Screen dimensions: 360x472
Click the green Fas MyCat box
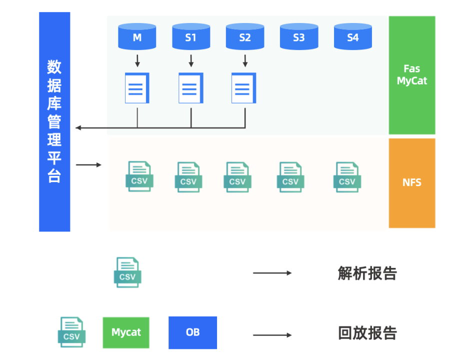click(412, 75)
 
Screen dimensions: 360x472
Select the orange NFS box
click(412, 183)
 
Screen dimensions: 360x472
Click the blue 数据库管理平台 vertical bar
click(54, 121)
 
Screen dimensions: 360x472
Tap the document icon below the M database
click(137, 88)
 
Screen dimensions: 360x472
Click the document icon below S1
click(191, 88)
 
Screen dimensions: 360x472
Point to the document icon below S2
click(244, 88)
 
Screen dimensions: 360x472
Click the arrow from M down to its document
click(137, 61)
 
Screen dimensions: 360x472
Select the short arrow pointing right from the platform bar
click(88, 164)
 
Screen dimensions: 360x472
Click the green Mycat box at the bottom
click(126, 332)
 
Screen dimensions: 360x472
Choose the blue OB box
click(192, 332)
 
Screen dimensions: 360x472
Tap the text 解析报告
click(367, 273)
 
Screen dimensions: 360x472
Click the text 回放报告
click(367, 333)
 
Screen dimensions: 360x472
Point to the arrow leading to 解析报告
click(272, 273)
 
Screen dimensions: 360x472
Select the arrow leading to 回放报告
click(272, 335)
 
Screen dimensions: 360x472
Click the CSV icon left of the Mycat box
click(71, 332)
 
